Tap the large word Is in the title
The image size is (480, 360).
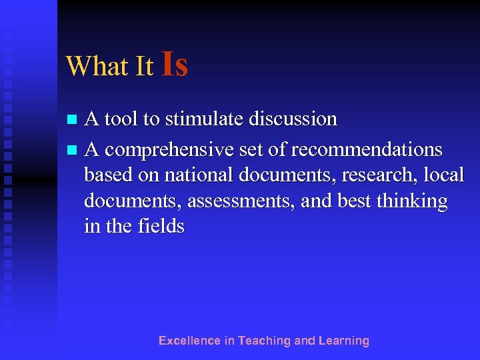pyautogui.click(x=174, y=64)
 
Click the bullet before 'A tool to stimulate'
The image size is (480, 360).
pyautogui.click(x=72, y=120)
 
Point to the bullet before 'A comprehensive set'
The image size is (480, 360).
pyautogui.click(x=72, y=147)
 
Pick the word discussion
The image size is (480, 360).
pyautogui.click(x=293, y=119)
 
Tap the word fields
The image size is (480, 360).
pyautogui.click(x=160, y=227)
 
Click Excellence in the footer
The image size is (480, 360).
pyautogui.click(x=189, y=341)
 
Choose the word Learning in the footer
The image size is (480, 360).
pyautogui.click(x=344, y=341)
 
